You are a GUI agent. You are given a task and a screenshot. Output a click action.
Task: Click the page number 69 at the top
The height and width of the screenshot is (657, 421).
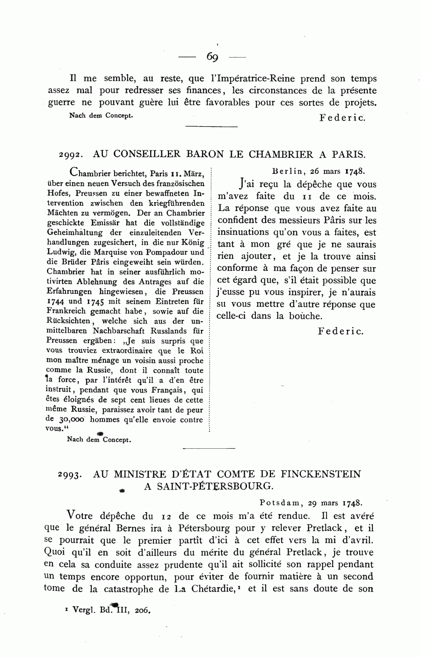(x=212, y=57)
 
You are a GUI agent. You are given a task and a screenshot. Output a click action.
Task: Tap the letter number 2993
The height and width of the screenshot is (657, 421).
(x=70, y=474)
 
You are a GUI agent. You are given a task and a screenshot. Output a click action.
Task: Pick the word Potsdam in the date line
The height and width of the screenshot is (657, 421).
(x=279, y=503)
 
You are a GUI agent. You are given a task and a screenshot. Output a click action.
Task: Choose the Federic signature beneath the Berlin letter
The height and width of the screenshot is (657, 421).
(x=340, y=331)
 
